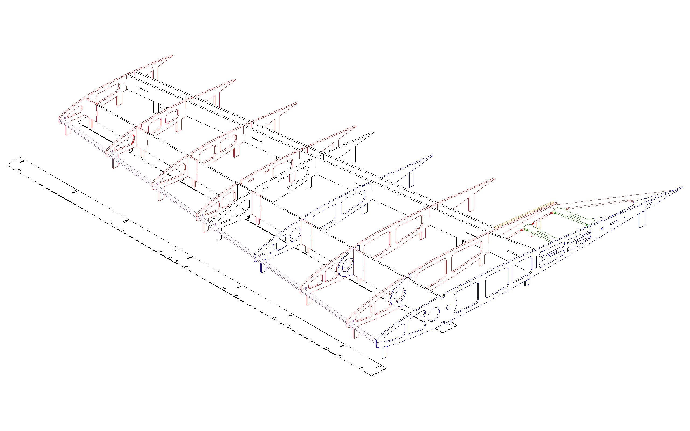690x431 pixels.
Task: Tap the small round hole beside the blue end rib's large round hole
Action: point(448,307)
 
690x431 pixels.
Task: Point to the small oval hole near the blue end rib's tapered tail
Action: point(602,228)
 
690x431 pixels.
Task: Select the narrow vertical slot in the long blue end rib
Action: point(536,262)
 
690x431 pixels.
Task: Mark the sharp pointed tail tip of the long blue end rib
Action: point(682,187)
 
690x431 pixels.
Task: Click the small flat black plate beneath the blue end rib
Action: point(446,328)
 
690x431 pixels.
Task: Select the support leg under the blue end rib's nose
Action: point(385,352)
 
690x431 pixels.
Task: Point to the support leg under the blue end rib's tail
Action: point(641,220)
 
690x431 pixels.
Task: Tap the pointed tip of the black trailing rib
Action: point(373,133)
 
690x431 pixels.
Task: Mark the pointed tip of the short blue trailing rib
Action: point(432,156)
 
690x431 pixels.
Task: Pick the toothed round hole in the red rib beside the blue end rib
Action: point(399,295)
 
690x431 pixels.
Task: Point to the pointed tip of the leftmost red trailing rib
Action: point(172,55)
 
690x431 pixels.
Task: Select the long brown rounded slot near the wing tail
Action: point(599,204)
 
